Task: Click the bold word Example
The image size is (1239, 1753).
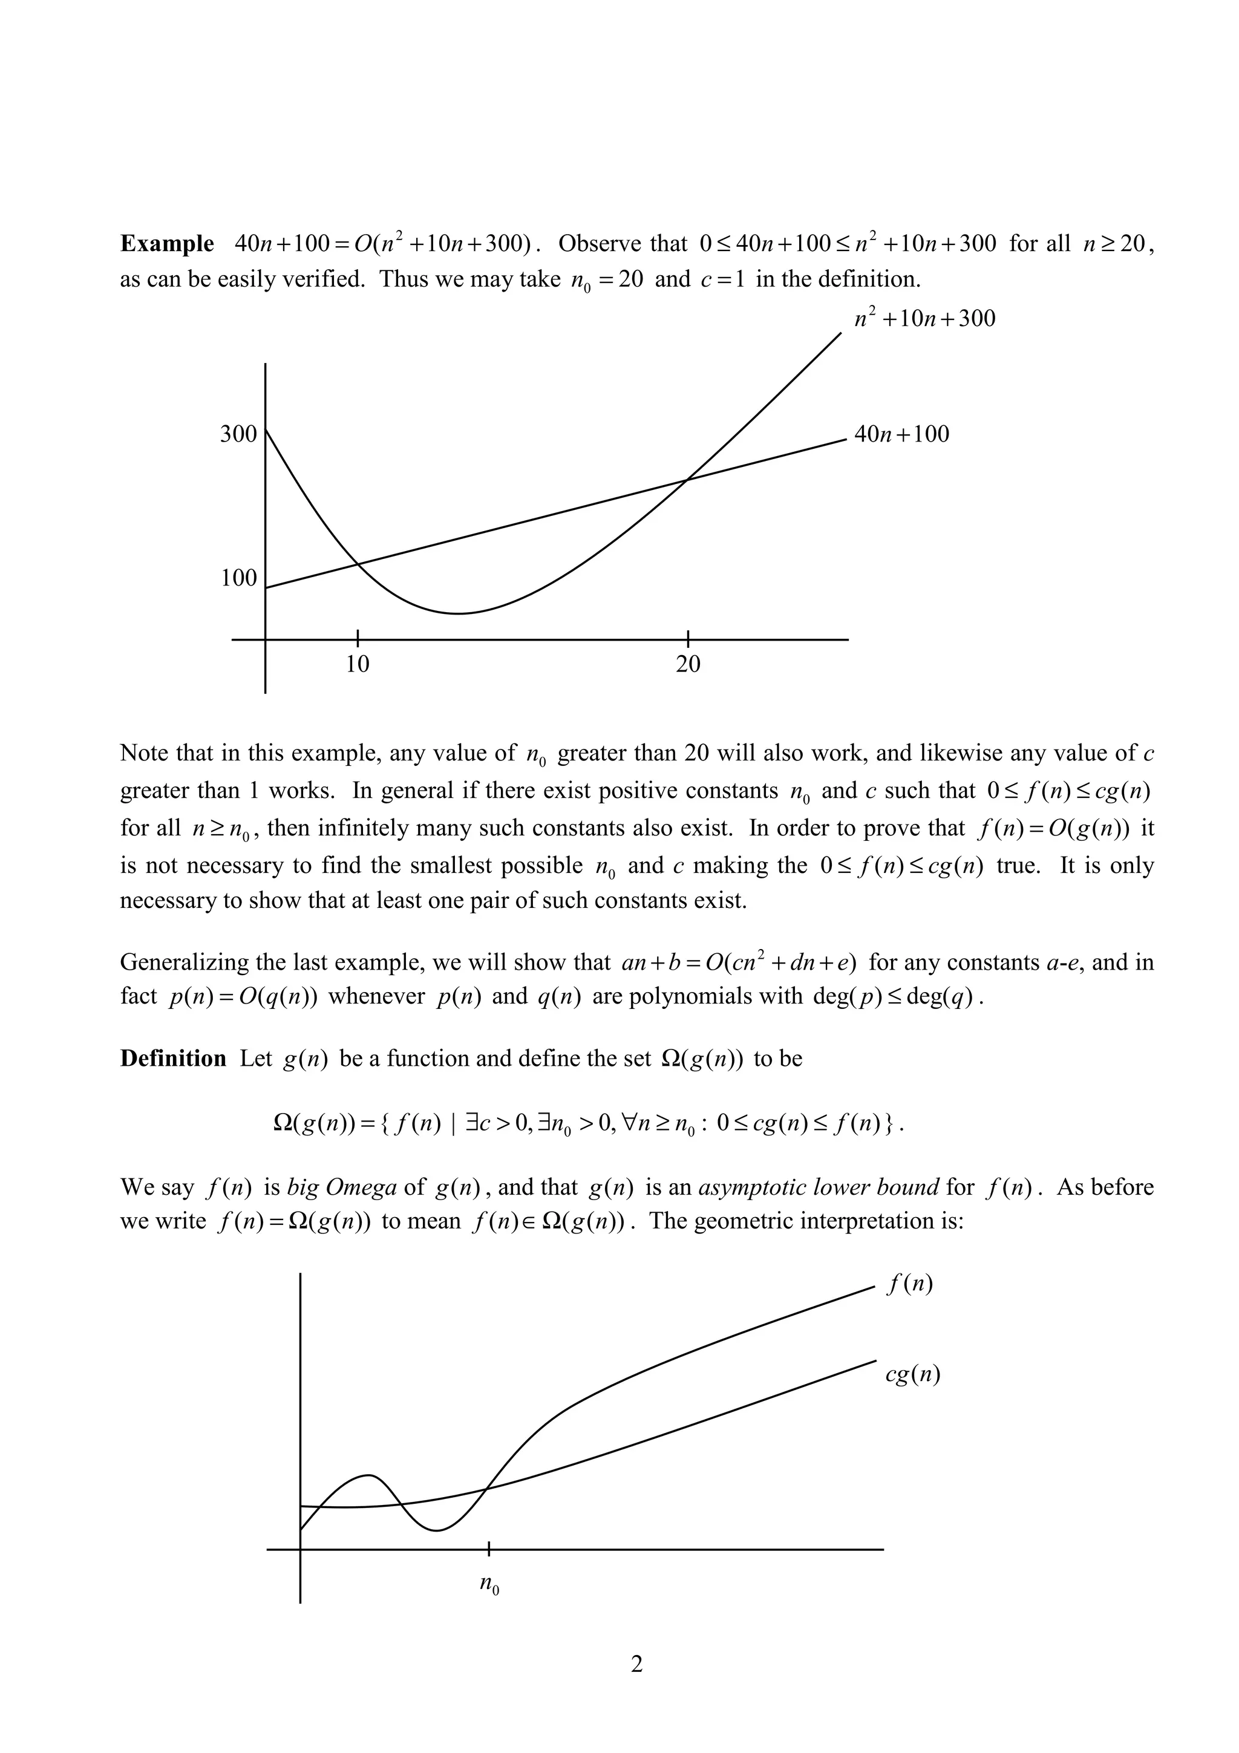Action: pos(167,244)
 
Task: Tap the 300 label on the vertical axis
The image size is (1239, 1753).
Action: pos(239,434)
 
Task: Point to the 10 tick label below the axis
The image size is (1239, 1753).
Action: pos(358,664)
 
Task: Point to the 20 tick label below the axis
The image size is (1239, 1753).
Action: pos(688,664)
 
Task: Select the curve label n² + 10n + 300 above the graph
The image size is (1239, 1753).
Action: pos(924,318)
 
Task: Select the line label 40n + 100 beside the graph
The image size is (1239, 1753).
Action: pos(901,434)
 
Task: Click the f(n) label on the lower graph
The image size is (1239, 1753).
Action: pos(909,1284)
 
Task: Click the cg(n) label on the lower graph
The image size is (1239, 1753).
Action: pos(912,1374)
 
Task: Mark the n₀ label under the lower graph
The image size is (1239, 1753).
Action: pos(489,1584)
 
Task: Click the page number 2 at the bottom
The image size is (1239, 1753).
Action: pos(636,1685)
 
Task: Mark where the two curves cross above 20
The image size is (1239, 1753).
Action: pos(686,480)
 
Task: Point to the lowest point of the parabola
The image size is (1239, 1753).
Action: pos(458,613)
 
